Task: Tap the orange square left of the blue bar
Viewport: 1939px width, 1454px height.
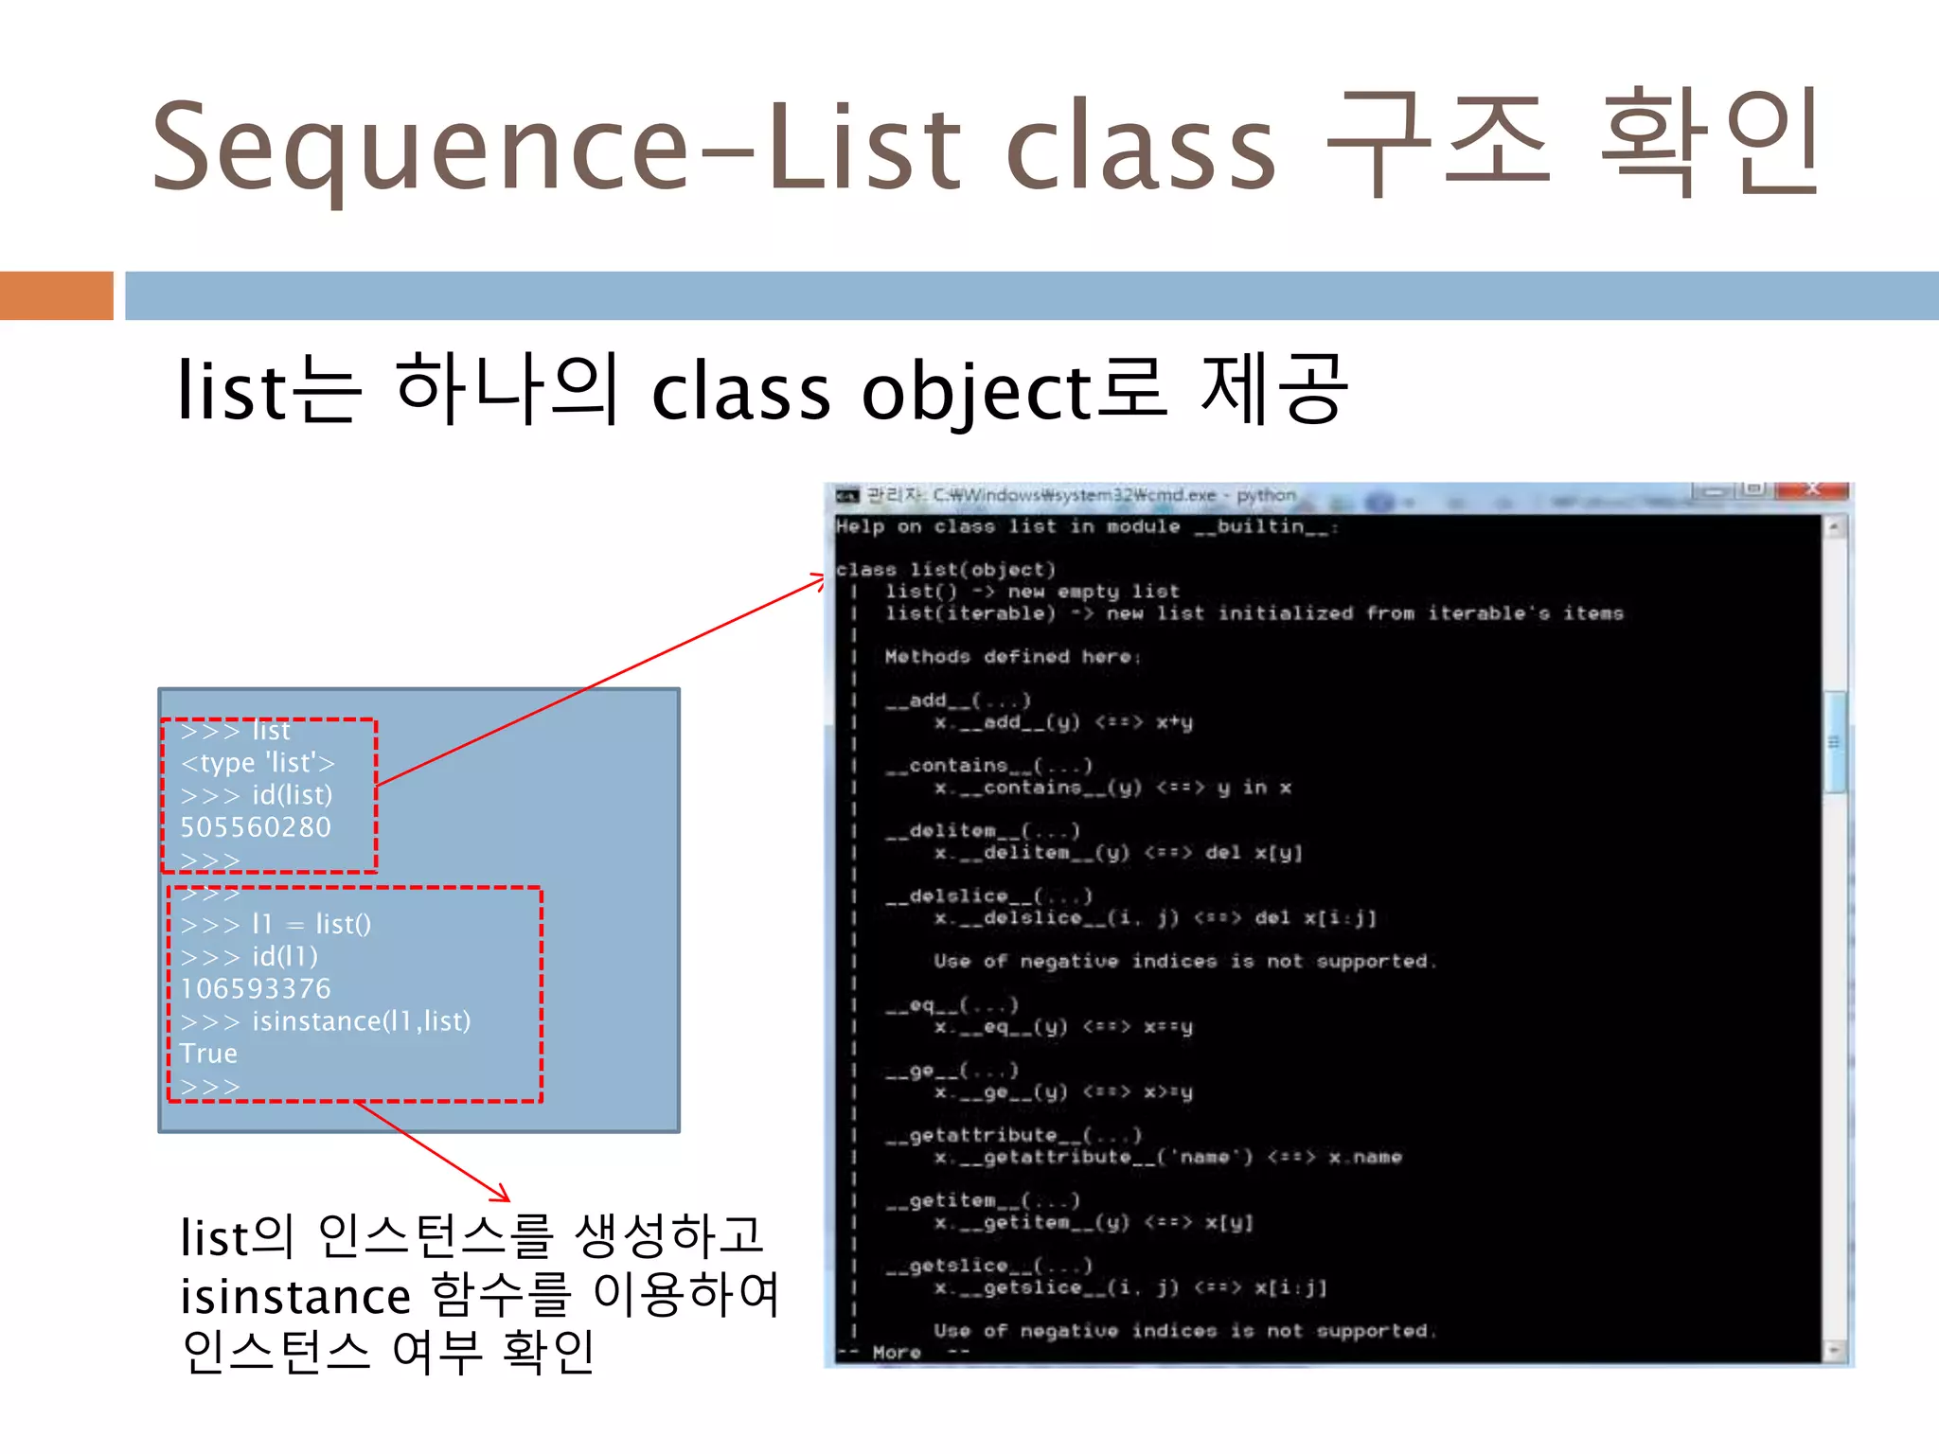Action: tap(57, 295)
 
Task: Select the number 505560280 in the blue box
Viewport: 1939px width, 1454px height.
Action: tap(256, 827)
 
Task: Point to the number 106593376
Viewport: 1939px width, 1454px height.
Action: tap(256, 988)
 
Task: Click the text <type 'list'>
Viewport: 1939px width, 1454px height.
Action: tap(258, 763)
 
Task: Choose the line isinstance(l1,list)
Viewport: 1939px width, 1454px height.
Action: tap(360, 1020)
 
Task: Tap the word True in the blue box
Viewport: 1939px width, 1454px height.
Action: tap(208, 1053)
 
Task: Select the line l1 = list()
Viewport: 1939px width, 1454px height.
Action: tap(311, 924)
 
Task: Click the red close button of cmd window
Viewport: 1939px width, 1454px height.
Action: tap(1812, 489)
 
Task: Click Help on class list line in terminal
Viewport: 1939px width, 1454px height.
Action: tap(1085, 526)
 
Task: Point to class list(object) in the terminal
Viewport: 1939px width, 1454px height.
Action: tap(945, 569)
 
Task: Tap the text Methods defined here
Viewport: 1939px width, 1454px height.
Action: tap(1012, 656)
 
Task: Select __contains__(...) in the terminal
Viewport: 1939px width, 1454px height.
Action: tap(989, 765)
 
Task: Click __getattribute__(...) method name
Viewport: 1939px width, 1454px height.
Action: tap(1014, 1135)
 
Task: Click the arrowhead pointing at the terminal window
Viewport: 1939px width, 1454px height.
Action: tap(821, 579)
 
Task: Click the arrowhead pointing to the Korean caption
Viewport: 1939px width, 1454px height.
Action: tap(503, 1197)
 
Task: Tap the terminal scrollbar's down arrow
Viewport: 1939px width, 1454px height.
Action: tap(1835, 1350)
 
